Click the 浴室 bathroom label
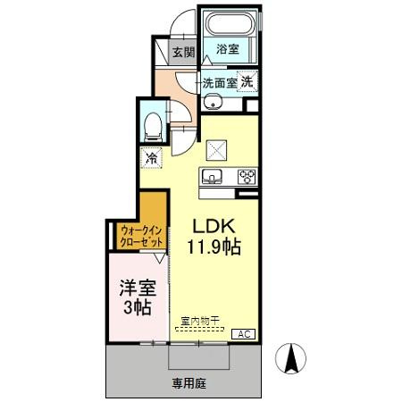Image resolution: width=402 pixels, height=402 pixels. pos(229,50)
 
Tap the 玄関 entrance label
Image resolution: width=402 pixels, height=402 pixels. pos(183,51)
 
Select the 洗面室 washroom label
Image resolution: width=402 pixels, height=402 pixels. pos(219,82)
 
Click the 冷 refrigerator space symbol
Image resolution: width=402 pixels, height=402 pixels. pos(152,158)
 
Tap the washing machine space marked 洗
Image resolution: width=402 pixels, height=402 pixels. pos(247,81)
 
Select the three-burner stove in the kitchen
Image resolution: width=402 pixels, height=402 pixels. pos(245,176)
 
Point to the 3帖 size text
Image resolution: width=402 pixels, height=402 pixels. pos(137,308)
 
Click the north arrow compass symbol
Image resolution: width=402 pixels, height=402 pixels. pos(290,360)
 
